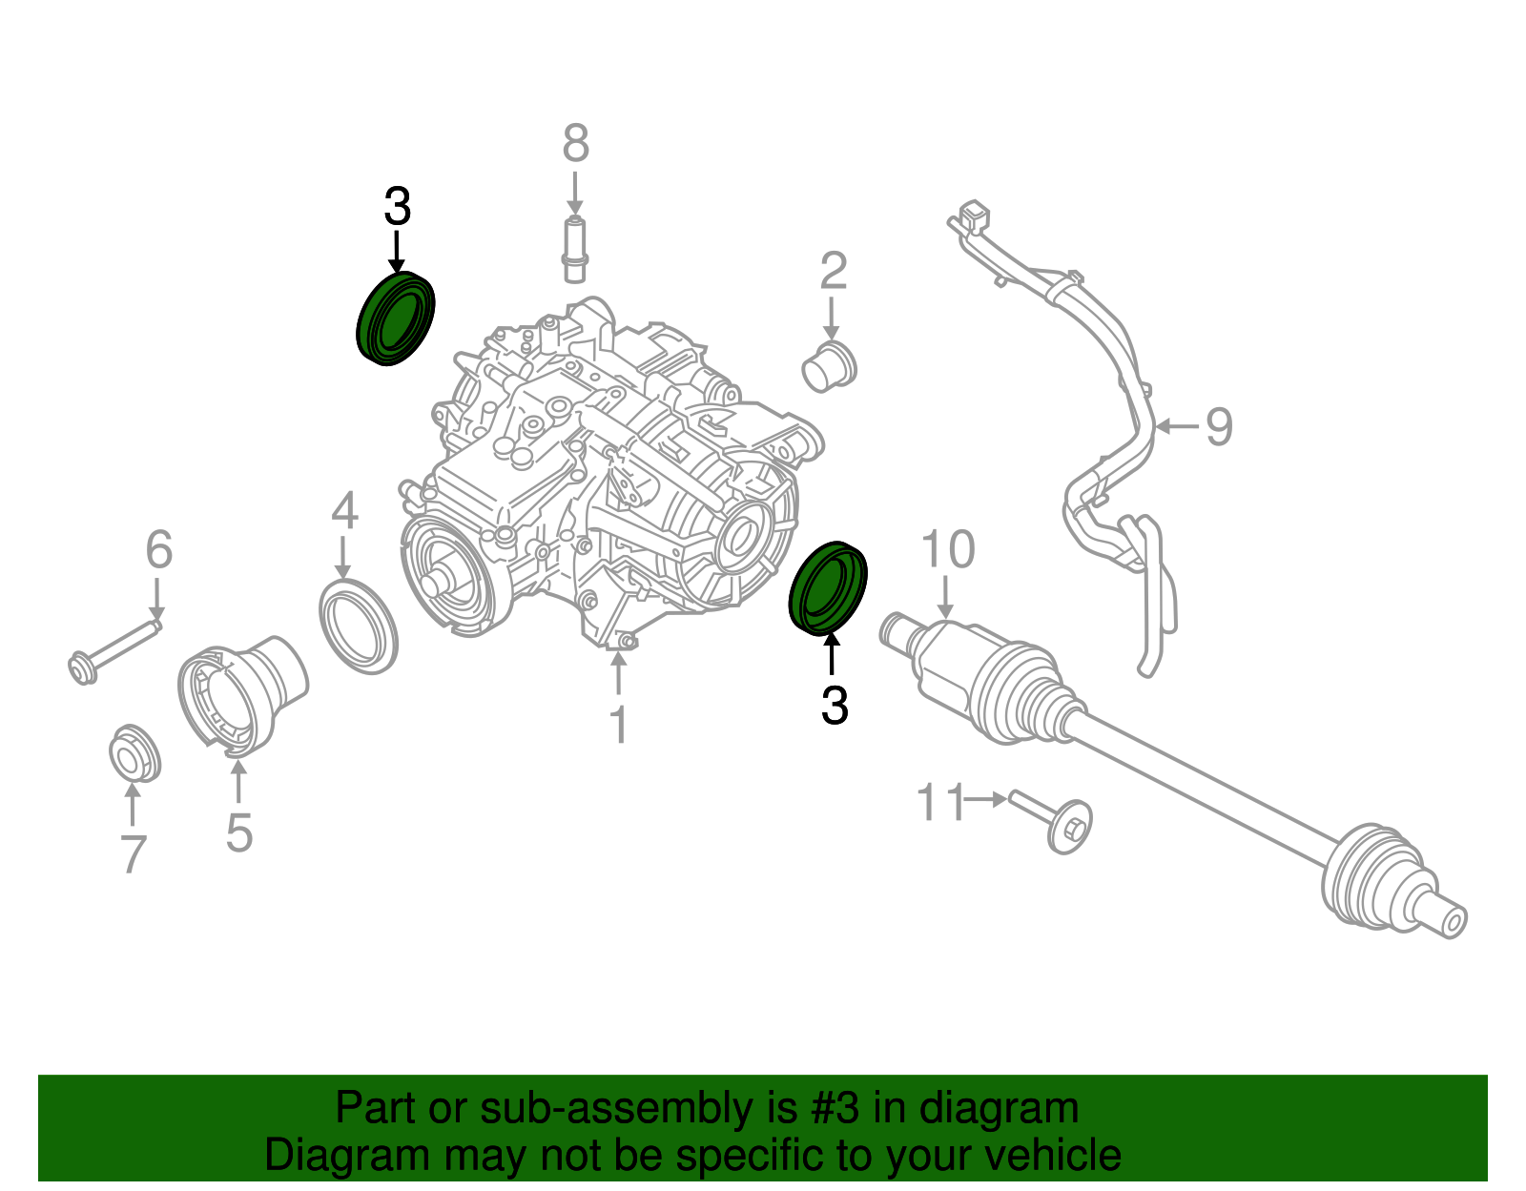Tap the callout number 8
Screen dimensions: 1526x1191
[575, 144]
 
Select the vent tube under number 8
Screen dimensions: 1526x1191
[574, 250]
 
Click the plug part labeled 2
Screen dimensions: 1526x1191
[829, 366]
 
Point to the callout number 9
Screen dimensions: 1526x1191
[1218, 426]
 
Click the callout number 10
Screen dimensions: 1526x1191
[947, 549]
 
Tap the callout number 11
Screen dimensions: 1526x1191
[941, 801]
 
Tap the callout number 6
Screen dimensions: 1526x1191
[158, 549]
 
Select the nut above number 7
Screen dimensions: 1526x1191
[134, 752]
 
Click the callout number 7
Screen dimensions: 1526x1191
[133, 854]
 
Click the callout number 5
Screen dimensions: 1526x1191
[238, 833]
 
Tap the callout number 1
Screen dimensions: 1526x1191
[618, 725]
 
